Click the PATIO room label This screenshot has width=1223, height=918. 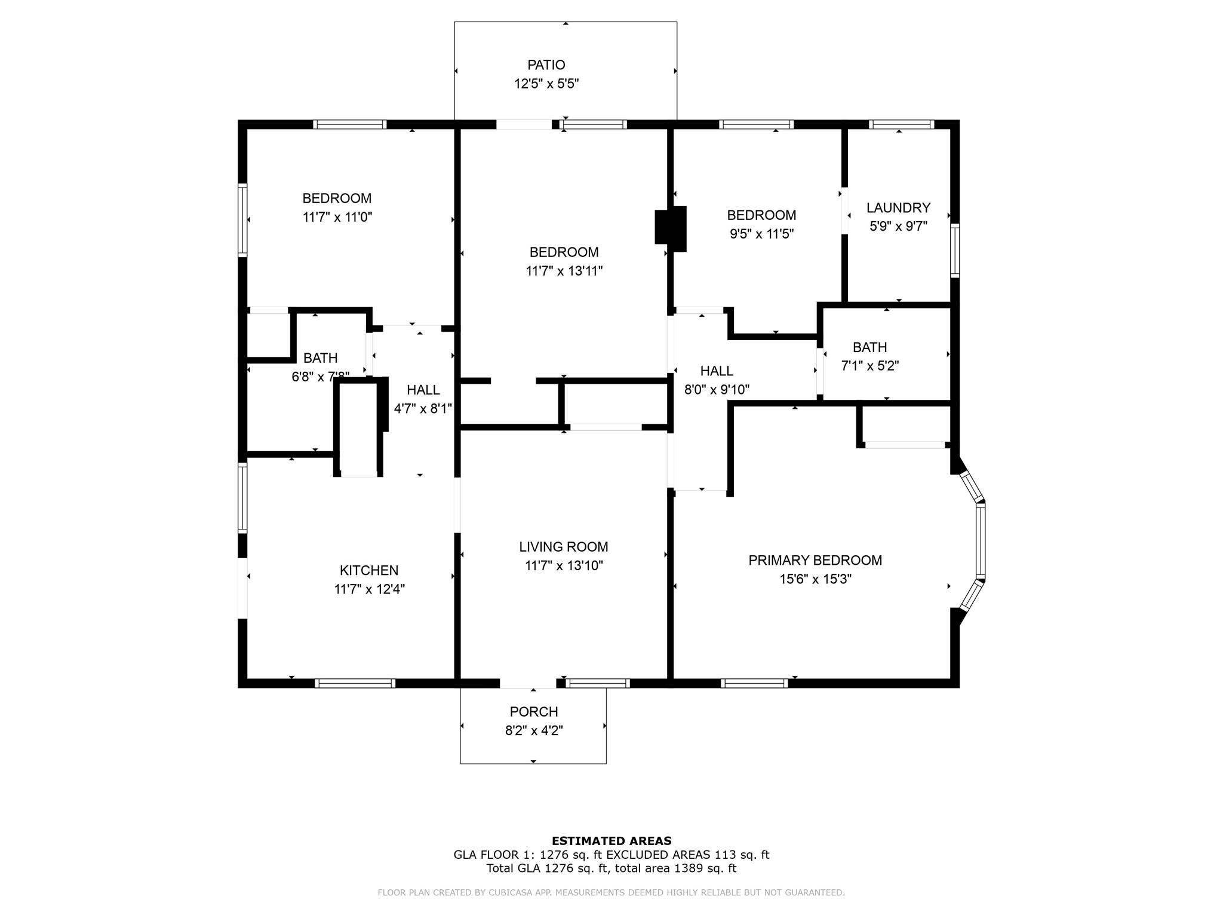point(546,65)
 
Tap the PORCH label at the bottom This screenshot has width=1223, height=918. point(534,712)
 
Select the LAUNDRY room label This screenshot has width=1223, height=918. point(898,208)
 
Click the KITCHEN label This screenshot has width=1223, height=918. point(369,571)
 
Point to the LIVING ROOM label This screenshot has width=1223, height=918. point(564,547)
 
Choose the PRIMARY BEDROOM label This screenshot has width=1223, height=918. point(815,561)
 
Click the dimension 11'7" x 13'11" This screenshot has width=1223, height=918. point(564,271)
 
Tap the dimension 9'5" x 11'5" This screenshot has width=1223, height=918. point(761,234)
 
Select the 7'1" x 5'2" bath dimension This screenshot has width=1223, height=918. point(870,366)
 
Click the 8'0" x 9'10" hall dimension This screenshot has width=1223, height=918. point(717,390)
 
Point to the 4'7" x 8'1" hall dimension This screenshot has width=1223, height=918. point(423,409)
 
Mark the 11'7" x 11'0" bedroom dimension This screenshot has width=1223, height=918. point(337,217)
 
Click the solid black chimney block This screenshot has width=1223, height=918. point(671,229)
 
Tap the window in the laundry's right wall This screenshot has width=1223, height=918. point(955,250)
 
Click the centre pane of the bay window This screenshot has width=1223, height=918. point(980,541)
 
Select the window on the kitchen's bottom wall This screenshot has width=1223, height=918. point(355,684)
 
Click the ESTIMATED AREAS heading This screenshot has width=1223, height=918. point(611,841)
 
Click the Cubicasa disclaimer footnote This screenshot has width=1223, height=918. point(611,893)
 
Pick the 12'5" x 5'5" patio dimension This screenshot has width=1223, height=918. point(546,84)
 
